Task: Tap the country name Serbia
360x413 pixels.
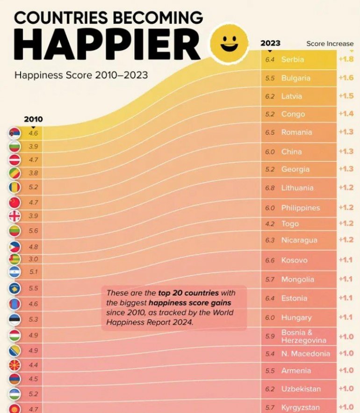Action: [x=292, y=59]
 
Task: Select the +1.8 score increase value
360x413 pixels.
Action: [x=346, y=59]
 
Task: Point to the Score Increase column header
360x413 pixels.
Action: [x=330, y=43]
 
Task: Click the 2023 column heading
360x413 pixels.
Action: [x=270, y=43]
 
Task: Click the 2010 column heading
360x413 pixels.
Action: [x=33, y=119]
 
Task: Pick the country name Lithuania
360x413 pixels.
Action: [x=297, y=188]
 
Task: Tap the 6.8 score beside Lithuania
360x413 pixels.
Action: [x=270, y=188]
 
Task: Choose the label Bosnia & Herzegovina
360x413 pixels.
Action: [x=303, y=336]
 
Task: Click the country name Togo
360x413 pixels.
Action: [x=290, y=224]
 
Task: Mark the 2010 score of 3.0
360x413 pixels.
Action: [x=33, y=259]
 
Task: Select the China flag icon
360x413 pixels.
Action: [x=14, y=203]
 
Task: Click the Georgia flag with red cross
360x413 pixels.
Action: [x=14, y=216]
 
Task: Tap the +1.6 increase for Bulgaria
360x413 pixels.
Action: [x=346, y=78]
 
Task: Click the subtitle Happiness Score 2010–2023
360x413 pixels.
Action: [x=81, y=75]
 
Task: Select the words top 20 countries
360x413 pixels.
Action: [x=188, y=293]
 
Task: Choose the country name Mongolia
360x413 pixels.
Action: [x=297, y=280]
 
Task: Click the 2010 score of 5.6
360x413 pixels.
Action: [x=33, y=231]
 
